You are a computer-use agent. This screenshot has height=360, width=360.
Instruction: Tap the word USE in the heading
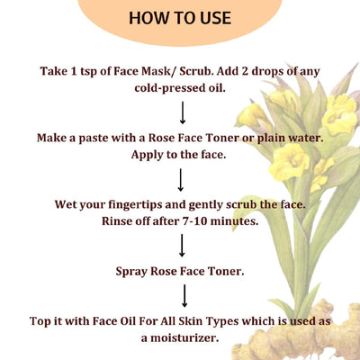[x=213, y=18]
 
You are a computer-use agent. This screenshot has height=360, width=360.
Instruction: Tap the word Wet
[x=53, y=202]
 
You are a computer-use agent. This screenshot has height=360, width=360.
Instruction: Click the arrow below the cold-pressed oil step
[x=182, y=112]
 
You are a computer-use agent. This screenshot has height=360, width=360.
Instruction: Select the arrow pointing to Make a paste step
[x=182, y=112]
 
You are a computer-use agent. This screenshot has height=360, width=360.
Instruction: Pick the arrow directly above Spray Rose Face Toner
[x=182, y=244]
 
